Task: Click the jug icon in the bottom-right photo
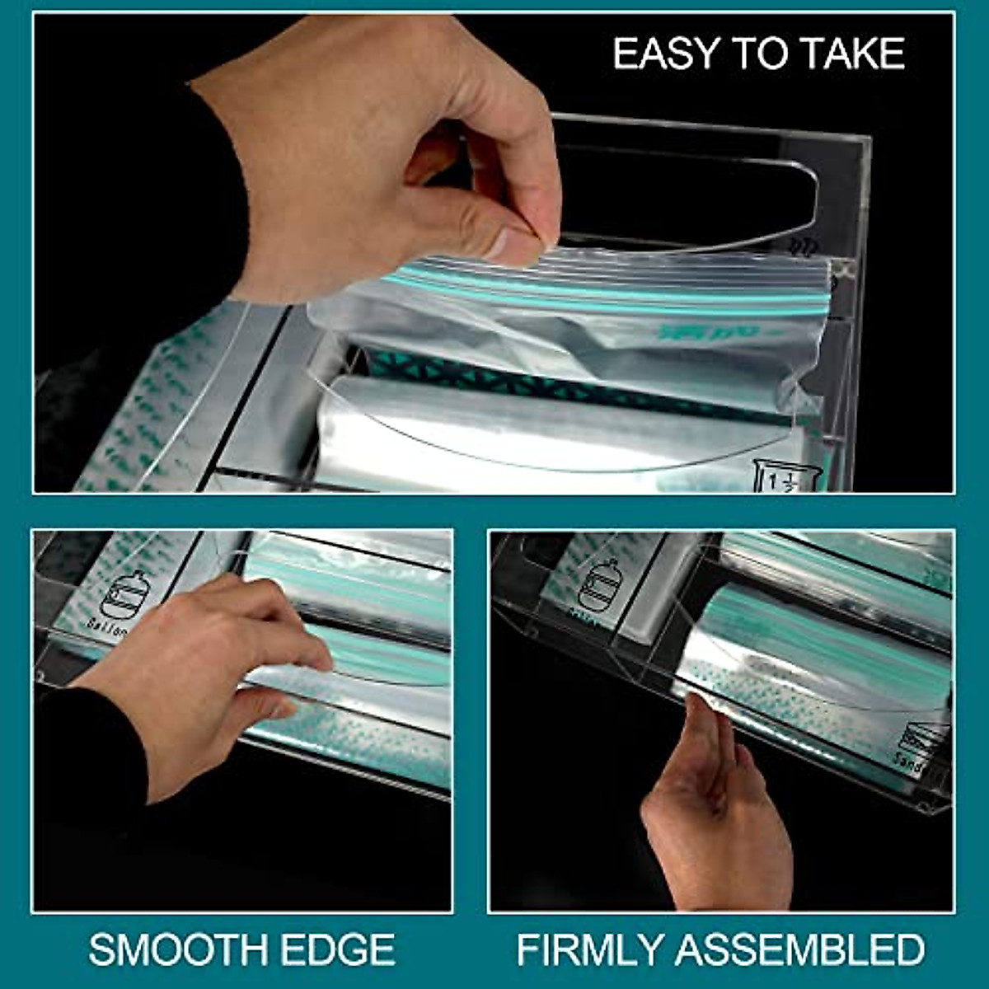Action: pyautogui.click(x=599, y=582)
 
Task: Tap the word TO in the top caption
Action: pyautogui.click(x=762, y=54)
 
